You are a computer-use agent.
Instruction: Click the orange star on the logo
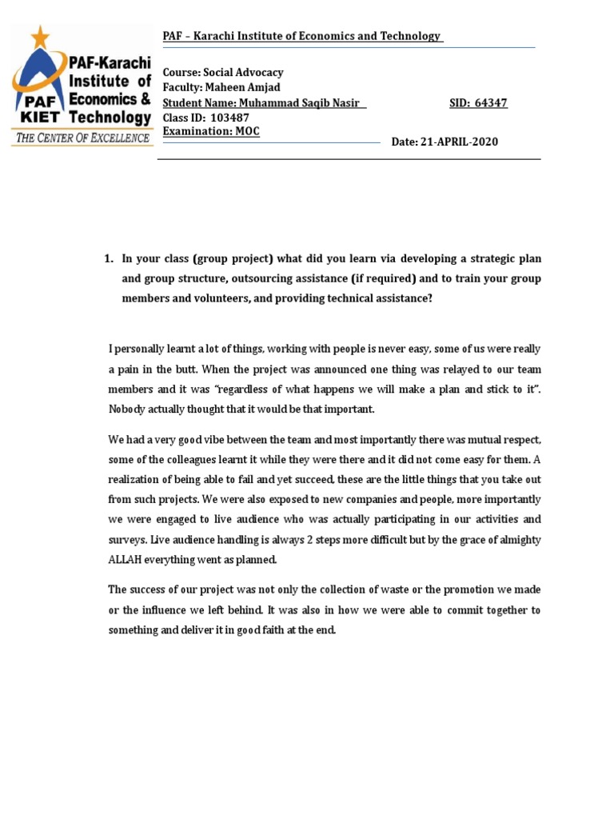[x=39, y=36]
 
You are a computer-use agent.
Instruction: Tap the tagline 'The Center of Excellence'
[x=82, y=138]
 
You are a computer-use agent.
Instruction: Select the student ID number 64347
[x=490, y=103]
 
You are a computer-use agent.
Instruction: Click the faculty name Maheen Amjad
[x=248, y=87]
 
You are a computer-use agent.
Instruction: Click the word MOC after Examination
[x=247, y=131]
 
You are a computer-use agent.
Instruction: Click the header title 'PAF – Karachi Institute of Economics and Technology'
[x=301, y=36]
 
